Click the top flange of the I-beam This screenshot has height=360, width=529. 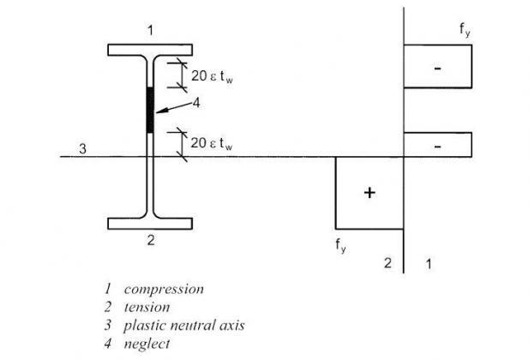[150, 50]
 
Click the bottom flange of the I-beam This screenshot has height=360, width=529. [150, 224]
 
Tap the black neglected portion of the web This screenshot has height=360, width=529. [150, 110]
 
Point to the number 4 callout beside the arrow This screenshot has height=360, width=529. [196, 103]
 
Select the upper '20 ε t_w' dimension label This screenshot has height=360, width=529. [212, 76]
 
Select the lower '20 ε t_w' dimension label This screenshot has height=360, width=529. [212, 143]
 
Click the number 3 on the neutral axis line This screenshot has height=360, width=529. [82, 148]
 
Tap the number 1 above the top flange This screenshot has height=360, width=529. [150, 31]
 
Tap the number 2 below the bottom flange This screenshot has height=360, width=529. [151, 240]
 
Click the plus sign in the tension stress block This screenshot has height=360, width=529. [370, 193]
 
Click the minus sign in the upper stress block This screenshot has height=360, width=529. [437, 69]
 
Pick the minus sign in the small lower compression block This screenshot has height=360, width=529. [437, 147]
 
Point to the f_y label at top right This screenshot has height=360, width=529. [465, 30]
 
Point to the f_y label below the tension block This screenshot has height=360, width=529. [340, 245]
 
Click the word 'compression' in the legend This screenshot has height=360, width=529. [164, 289]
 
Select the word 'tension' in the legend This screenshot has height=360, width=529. [147, 307]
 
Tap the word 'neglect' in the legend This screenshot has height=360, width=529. [147, 344]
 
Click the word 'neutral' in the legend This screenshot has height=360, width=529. [194, 325]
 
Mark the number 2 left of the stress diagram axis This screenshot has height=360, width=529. [388, 262]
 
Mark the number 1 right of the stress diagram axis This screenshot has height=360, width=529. [429, 263]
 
